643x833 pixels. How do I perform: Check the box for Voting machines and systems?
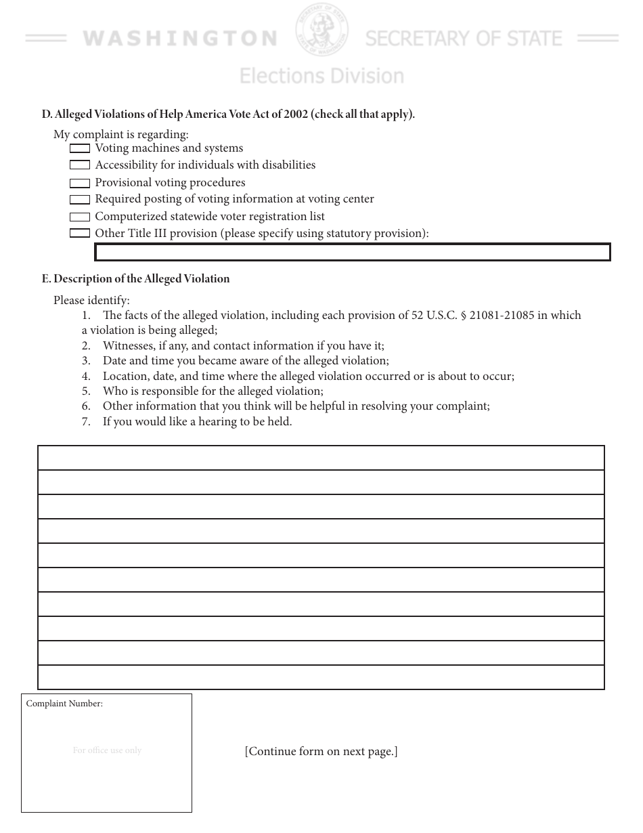click(x=80, y=148)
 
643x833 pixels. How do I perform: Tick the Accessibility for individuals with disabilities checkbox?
click(x=80, y=165)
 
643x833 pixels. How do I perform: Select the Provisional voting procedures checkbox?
click(x=80, y=183)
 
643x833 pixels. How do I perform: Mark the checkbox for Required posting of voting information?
click(x=80, y=200)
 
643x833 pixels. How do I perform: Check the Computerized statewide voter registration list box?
click(x=80, y=217)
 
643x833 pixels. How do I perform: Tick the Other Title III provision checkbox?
click(x=80, y=234)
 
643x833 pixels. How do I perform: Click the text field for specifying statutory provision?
click(x=352, y=253)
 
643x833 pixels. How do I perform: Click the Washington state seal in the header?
click(x=321, y=30)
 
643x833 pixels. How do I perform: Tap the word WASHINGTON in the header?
click(x=180, y=39)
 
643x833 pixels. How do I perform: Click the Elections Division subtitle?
click(x=321, y=76)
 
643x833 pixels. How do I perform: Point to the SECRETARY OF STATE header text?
click(x=464, y=39)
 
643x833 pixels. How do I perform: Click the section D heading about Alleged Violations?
click(x=228, y=114)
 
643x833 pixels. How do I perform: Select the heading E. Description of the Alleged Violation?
click(x=135, y=279)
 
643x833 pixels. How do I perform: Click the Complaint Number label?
click(x=64, y=704)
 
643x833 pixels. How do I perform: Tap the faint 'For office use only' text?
click(x=107, y=750)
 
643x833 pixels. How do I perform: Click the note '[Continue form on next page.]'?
click(x=321, y=752)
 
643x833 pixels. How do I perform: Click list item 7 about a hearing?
click(x=197, y=422)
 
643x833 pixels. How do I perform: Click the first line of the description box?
click(x=321, y=458)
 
